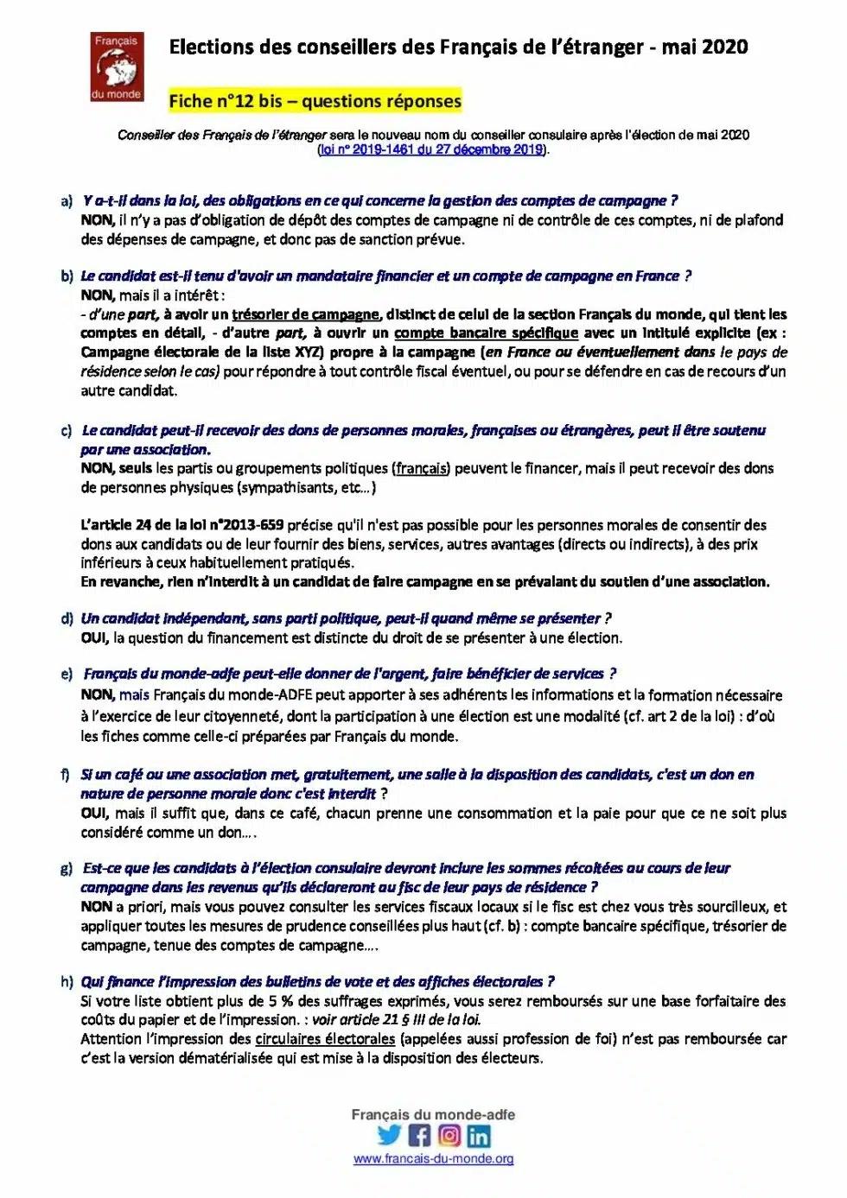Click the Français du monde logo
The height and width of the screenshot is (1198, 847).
tap(117, 67)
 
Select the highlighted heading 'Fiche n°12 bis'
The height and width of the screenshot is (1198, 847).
tap(226, 101)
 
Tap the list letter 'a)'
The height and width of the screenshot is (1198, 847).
tap(67, 201)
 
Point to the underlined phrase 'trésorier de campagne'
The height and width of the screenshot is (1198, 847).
tap(305, 314)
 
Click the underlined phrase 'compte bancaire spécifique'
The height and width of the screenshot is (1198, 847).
tap(486, 333)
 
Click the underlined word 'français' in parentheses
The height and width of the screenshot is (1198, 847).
tap(422, 469)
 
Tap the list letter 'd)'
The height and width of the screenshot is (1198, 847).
tap(67, 619)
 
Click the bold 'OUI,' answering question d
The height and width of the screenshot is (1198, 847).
tap(95, 638)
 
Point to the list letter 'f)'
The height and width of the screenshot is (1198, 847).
tap(66, 775)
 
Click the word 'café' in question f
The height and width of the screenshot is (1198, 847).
tap(131, 775)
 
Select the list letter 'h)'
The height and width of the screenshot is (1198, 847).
tap(67, 982)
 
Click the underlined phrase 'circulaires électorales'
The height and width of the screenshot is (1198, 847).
tap(325, 1039)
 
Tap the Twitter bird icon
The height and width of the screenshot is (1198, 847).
tap(390, 1135)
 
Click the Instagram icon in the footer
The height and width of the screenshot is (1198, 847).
tap(449, 1135)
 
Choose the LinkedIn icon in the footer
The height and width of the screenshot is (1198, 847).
tap(478, 1135)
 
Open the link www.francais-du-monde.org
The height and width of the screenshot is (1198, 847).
tap(433, 1159)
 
